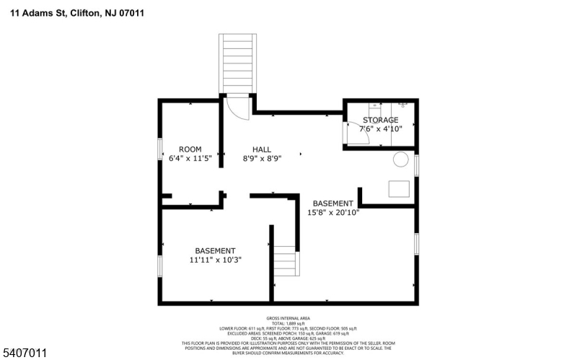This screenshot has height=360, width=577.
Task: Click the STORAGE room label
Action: coord(380,120)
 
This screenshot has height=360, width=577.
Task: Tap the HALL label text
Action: coord(262,149)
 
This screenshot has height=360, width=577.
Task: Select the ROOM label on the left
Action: coord(190,149)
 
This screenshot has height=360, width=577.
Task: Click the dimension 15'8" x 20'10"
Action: coord(333,213)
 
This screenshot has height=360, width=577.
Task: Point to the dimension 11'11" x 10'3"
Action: coord(215,260)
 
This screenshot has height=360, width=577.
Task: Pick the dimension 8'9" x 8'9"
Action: coord(262,158)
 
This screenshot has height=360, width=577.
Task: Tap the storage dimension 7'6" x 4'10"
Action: coord(380,128)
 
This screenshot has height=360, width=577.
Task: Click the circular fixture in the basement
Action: coord(400,159)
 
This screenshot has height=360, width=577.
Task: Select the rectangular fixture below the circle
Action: coord(400,188)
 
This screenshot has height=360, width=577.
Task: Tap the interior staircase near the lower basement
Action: coord(285,260)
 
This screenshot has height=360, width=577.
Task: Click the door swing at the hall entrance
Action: coord(237,107)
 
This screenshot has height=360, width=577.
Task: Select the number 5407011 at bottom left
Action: coord(24,353)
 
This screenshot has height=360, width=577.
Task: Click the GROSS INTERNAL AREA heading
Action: coord(288,317)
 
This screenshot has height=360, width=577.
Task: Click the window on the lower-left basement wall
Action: coord(160,265)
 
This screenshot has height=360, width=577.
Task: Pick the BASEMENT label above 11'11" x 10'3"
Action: coord(215,250)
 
